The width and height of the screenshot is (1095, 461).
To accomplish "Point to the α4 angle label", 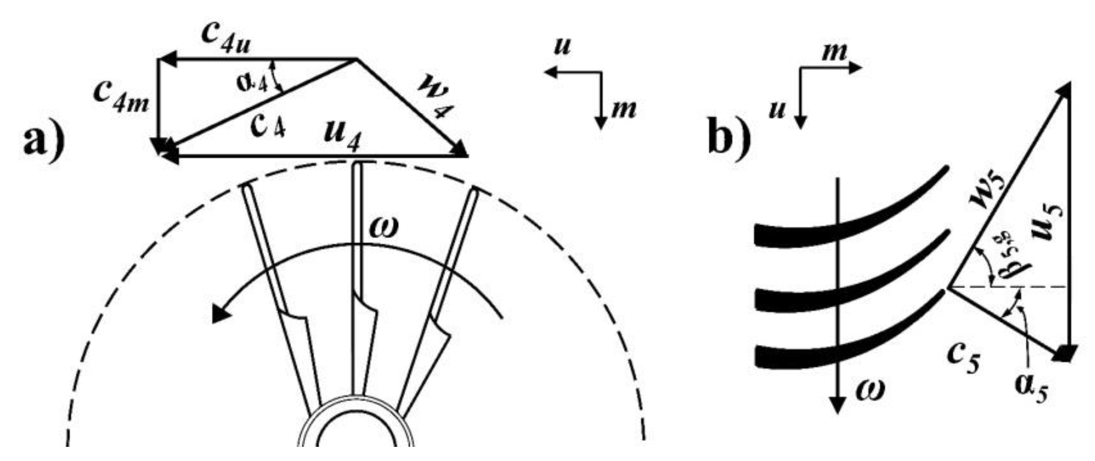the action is [252, 83].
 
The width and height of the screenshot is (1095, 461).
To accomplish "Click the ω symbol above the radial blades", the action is [383, 228].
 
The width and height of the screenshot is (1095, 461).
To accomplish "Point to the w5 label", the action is [986, 191].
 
